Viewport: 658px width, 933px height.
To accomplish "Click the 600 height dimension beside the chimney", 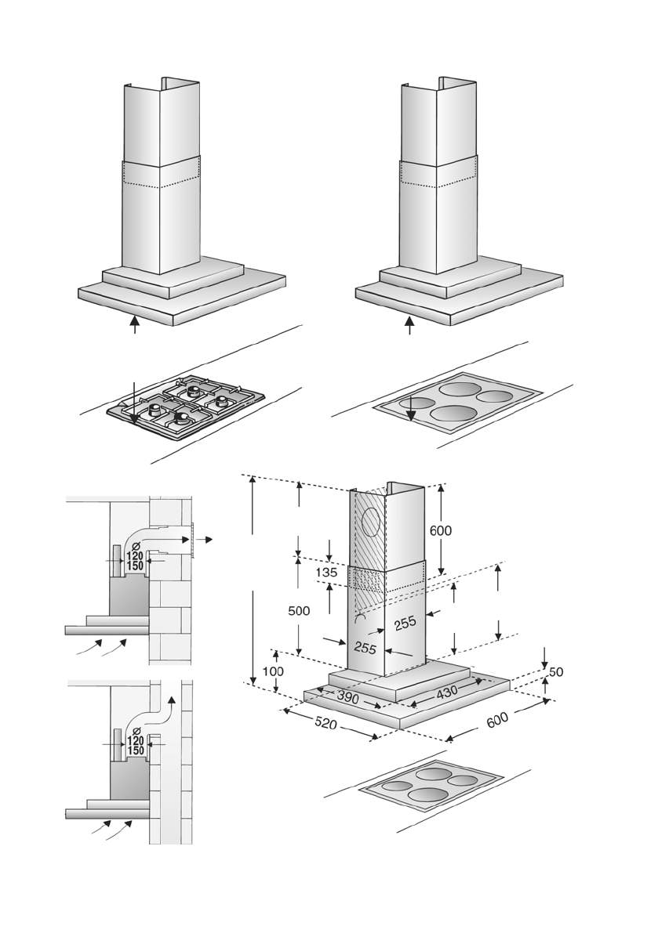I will point(441,530).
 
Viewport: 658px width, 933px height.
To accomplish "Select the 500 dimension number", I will point(299,611).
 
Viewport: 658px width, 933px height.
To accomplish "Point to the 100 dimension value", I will point(273,672).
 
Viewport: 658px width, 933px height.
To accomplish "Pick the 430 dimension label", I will point(447,692).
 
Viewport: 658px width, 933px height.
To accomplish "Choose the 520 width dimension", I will point(325,723).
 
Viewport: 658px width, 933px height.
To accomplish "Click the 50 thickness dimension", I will point(556,672).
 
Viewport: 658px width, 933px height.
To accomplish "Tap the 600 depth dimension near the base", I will point(497,720).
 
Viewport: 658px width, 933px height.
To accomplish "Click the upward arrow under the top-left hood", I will point(135,324).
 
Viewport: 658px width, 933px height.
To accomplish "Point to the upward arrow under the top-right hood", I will point(409,324).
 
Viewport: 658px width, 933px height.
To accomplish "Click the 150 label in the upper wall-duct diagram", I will point(135,566).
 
